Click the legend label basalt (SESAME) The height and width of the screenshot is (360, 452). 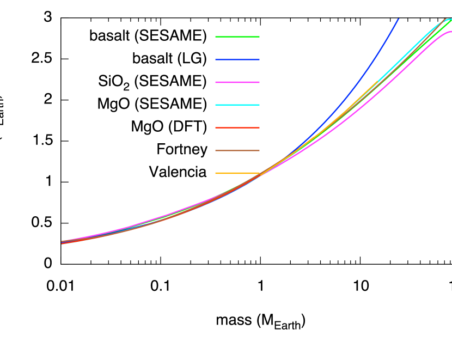tap(148, 36)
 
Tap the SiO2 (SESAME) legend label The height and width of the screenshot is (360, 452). tap(150, 82)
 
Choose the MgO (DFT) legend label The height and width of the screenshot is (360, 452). tap(169, 127)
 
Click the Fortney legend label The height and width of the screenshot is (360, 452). tap(181, 149)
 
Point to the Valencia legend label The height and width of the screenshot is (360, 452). tap(178, 172)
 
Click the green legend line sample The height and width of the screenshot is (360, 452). tap(237, 37)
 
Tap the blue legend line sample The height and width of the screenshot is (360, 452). tap(237, 59)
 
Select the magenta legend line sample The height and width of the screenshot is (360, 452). tap(237, 82)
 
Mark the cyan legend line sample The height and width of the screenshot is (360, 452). tap(237, 105)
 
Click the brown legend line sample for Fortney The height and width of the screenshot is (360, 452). tap(237, 150)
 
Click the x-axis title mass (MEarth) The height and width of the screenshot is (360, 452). tap(260, 321)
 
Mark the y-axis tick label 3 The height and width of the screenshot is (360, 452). tap(48, 18)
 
